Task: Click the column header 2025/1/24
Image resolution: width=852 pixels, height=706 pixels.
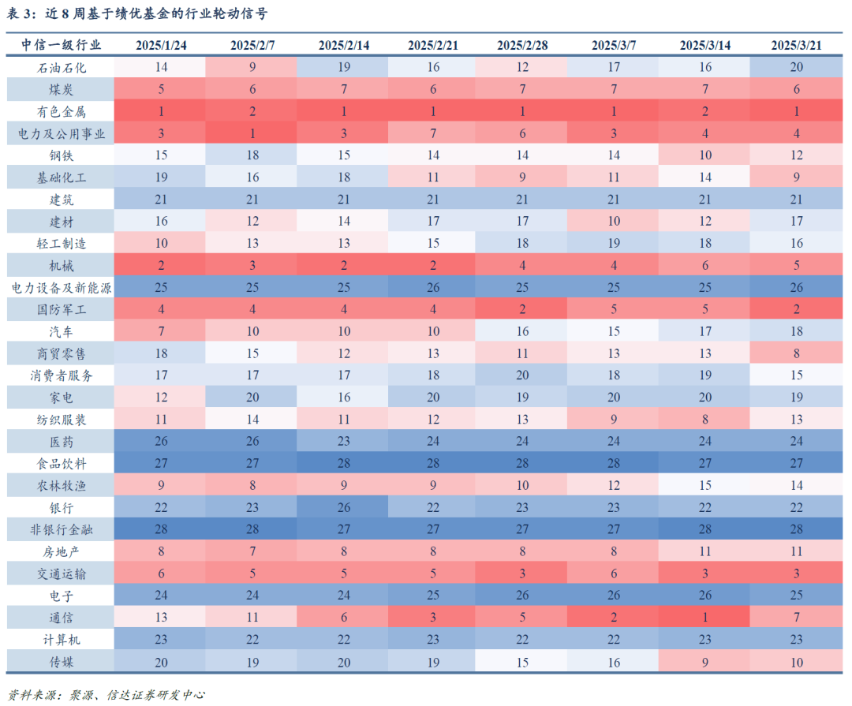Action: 161,45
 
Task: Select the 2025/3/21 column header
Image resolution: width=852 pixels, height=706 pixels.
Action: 796,45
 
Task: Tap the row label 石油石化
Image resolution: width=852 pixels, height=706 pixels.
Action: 61,68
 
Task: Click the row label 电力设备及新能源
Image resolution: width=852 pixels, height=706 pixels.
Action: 61,287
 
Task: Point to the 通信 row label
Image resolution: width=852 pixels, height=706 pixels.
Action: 61,618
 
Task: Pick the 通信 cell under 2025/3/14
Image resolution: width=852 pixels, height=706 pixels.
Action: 704,618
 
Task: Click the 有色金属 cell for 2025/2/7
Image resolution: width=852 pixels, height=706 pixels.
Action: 252,111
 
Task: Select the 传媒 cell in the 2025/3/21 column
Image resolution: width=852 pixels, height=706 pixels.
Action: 796,662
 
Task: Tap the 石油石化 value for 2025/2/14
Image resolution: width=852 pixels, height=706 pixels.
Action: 343,67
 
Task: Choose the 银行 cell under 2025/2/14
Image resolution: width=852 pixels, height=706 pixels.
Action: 343,507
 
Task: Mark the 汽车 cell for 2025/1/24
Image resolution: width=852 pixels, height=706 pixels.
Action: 161,331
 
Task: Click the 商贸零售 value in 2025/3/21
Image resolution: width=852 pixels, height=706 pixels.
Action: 796,353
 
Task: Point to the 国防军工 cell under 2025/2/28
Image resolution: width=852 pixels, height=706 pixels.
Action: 521,309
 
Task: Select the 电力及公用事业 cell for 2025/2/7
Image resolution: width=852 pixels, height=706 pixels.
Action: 252,133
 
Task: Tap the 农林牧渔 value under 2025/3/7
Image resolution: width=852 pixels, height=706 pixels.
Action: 614,485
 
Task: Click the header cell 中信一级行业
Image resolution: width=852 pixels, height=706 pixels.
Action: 61,45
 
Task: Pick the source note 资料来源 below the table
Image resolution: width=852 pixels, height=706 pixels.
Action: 107,695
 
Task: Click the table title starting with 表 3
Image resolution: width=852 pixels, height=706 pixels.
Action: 137,13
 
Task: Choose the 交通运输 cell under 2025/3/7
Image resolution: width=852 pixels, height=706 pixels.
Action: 614,573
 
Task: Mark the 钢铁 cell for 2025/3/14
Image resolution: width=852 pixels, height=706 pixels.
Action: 704,155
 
